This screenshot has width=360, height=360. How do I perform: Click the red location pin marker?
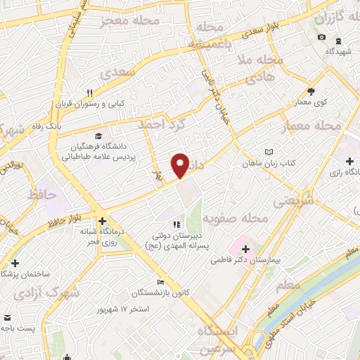(x=181, y=165)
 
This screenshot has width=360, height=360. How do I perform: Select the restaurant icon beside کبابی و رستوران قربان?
(x=89, y=92)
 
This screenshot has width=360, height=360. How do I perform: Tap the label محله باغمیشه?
(x=210, y=36)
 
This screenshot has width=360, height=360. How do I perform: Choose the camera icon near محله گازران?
(x=321, y=37)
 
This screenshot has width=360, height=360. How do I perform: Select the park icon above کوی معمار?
(x=311, y=91)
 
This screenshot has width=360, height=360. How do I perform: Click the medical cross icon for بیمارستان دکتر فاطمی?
(x=245, y=249)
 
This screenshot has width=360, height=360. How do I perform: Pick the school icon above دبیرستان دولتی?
(x=175, y=224)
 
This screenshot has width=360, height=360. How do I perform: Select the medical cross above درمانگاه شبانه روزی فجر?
(x=102, y=221)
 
